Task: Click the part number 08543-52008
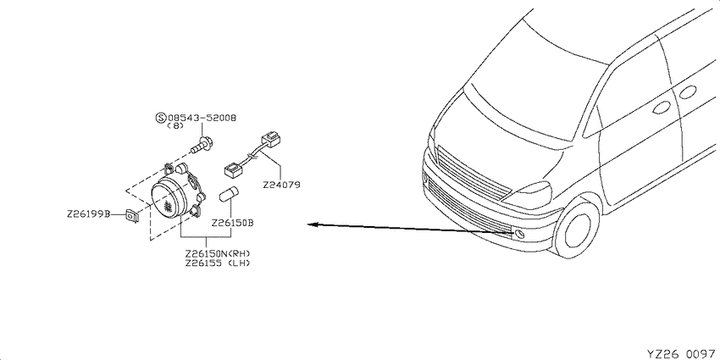[202, 118]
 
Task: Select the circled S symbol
[161, 118]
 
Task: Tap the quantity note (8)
[175, 126]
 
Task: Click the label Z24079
[281, 186]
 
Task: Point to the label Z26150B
[233, 223]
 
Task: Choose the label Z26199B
[88, 214]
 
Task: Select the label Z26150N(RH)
[218, 254]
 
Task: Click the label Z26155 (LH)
[218, 263]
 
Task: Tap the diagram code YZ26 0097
[681, 353]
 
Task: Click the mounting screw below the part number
[201, 146]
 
